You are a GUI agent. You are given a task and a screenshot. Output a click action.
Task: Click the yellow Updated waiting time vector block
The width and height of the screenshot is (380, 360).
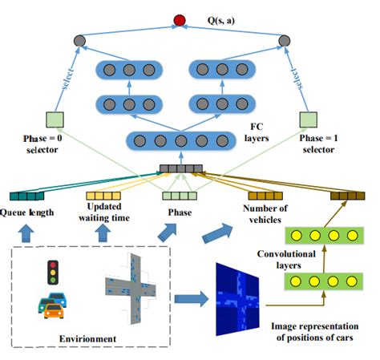(x=103, y=195)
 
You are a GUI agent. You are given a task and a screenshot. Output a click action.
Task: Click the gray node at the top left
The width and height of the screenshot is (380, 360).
(x=79, y=40)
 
